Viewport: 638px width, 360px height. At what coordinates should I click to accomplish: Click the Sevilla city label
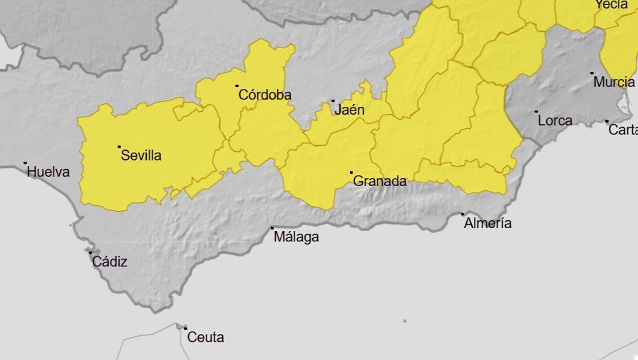click(x=141, y=156)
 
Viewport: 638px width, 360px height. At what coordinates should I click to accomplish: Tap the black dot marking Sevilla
click(x=119, y=147)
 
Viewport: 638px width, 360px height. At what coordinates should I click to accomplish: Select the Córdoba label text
click(x=265, y=95)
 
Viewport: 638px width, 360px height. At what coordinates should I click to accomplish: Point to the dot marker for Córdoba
click(x=237, y=86)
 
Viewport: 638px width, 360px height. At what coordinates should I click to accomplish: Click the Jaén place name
click(x=349, y=110)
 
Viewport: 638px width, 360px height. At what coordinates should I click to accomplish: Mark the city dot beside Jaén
click(x=333, y=101)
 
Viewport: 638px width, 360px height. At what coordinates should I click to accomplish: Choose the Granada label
click(x=380, y=181)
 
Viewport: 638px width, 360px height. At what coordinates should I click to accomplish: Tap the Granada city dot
click(x=351, y=172)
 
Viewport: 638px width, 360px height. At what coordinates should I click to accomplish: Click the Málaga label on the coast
click(x=296, y=237)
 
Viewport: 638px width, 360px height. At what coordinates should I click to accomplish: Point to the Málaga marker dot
click(x=272, y=228)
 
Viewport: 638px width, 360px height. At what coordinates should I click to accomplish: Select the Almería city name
click(x=488, y=223)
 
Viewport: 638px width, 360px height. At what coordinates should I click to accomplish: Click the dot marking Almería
click(x=463, y=214)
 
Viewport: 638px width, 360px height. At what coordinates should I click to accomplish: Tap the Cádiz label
click(x=110, y=262)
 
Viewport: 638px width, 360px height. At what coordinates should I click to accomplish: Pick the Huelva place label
click(x=48, y=172)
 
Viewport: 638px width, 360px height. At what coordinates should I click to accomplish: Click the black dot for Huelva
click(x=25, y=163)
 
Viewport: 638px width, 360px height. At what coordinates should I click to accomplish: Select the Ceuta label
click(x=206, y=337)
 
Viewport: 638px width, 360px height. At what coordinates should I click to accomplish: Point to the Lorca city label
click(x=555, y=121)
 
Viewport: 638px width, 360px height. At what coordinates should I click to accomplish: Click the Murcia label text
click(x=614, y=82)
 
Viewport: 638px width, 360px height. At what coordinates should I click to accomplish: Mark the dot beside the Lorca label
click(x=536, y=112)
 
